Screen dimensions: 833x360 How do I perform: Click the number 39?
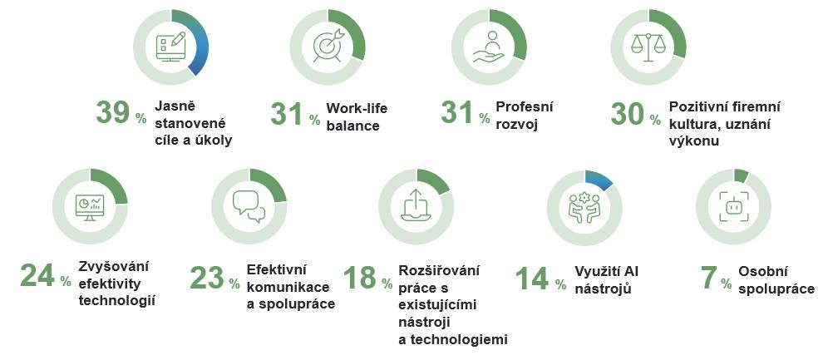112,112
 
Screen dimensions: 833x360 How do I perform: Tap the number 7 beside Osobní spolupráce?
709,278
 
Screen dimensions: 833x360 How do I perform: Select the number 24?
37,275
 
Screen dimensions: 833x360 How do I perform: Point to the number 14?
532,278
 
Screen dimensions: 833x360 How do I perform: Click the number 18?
360,277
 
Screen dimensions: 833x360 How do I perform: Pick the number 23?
207,277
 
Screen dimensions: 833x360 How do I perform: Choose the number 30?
628,113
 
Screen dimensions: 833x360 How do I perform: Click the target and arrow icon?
328,46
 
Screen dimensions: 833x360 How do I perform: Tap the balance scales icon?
648,47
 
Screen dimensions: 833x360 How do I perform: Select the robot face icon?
734,206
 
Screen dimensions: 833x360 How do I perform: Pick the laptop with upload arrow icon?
416,205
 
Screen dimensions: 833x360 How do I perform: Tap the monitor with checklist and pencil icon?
170,47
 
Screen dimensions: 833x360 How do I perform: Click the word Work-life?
357,108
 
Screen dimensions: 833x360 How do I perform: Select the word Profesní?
525,106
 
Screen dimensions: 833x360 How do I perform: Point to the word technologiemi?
453,340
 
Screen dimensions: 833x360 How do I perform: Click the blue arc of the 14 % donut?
600,179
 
